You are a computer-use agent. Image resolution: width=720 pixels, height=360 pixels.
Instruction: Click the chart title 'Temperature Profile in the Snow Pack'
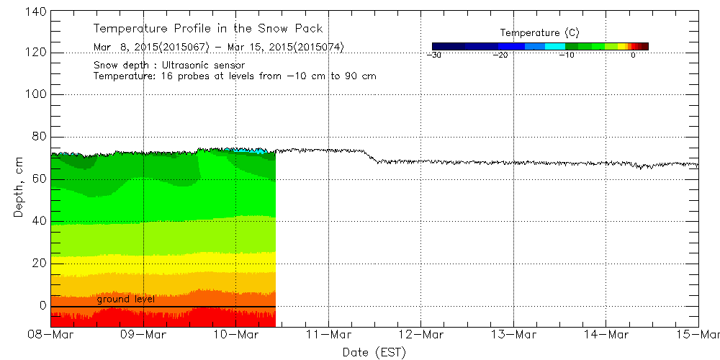207,29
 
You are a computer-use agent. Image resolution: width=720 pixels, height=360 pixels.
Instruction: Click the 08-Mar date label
51,335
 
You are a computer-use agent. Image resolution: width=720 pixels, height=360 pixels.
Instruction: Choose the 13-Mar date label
513,335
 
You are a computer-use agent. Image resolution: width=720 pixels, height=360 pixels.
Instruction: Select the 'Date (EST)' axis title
374,352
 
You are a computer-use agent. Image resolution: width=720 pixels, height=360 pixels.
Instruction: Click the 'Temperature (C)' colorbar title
539,33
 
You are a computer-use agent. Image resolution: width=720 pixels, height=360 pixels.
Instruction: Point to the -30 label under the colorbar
433,55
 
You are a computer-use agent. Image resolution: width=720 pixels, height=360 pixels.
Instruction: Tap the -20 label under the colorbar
501,55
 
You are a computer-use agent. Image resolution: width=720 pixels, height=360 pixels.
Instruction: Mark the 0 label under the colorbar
632,55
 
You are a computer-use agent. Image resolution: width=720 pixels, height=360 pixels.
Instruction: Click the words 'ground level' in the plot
126,299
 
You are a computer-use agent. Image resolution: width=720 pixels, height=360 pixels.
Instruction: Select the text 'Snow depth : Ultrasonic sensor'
168,65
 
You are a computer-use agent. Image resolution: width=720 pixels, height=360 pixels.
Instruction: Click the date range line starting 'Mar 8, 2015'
218,48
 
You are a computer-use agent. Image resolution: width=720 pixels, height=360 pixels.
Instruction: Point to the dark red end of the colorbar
644,46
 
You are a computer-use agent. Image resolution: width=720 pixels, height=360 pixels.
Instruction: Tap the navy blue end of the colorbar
436,46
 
